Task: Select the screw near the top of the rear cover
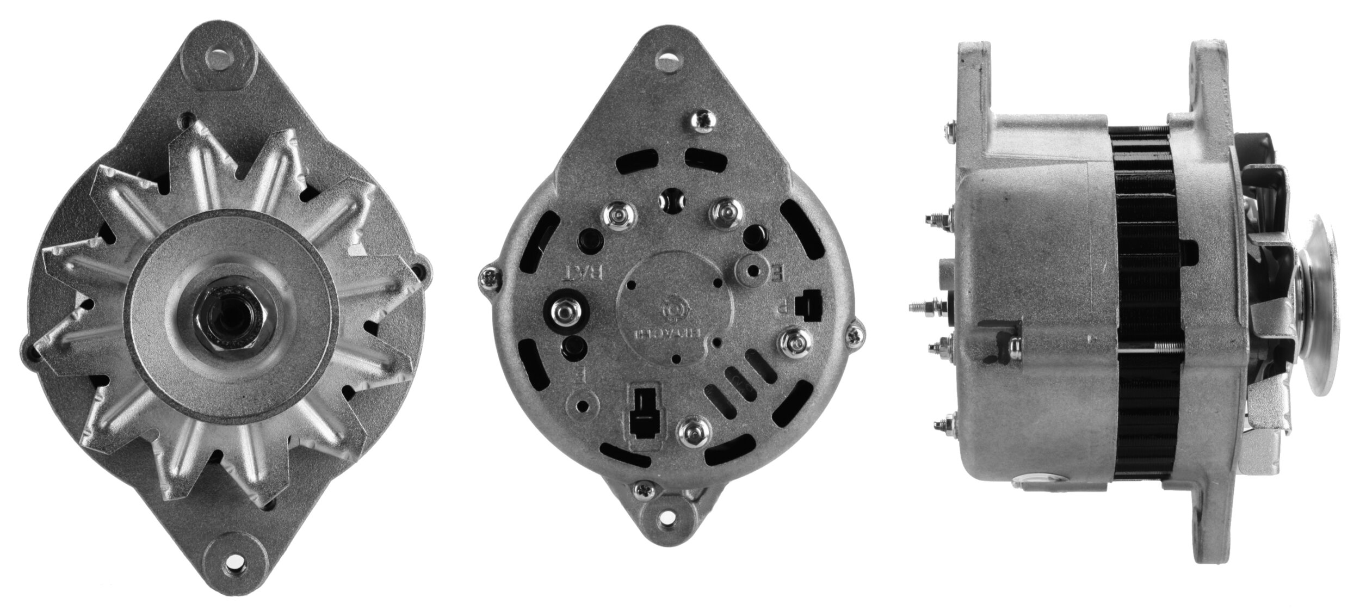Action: (x=702, y=121)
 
